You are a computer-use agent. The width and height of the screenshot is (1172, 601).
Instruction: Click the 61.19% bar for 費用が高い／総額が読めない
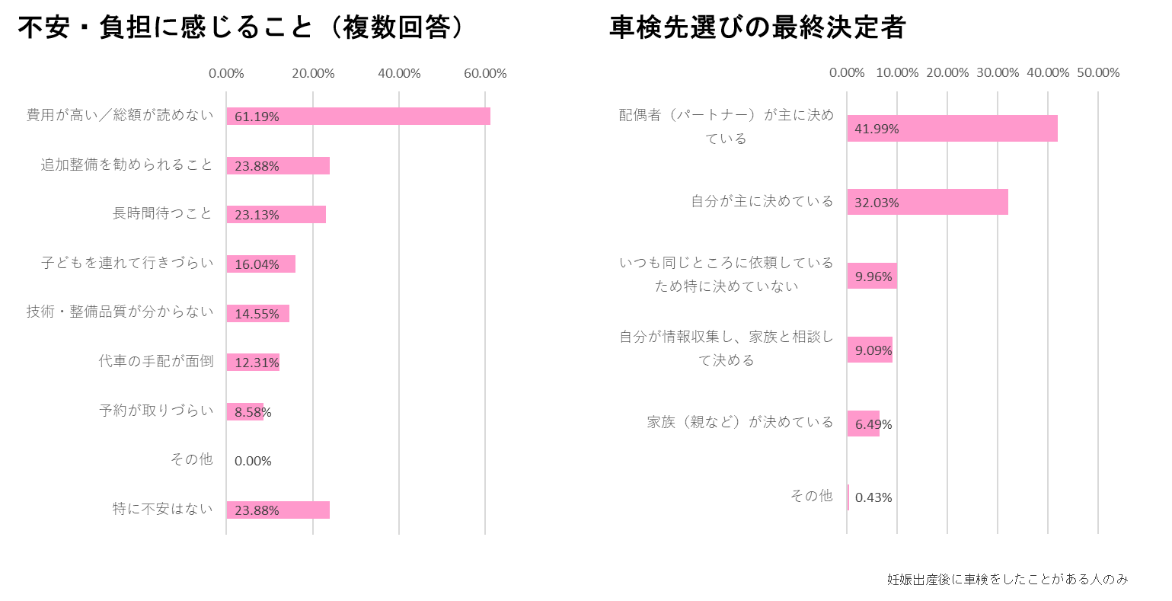point(358,117)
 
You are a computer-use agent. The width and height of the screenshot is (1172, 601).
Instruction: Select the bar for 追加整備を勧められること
point(278,165)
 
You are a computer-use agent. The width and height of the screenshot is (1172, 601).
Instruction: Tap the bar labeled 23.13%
point(276,215)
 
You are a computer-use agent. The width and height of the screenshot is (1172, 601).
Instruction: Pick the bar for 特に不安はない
point(278,510)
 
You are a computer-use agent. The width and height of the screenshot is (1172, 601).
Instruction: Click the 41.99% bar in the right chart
point(952,129)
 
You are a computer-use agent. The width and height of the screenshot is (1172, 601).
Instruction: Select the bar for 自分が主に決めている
point(928,202)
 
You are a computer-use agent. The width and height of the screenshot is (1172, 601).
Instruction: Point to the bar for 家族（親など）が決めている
point(863,424)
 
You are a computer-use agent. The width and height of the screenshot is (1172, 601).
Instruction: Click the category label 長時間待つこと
point(162,213)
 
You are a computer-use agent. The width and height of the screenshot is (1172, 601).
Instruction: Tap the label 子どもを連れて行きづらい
point(127,263)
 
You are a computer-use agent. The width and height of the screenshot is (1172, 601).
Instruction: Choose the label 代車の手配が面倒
point(156,361)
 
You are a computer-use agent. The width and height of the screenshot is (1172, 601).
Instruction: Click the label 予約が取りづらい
point(156,411)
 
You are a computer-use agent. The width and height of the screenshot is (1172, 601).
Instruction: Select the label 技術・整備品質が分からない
point(120,312)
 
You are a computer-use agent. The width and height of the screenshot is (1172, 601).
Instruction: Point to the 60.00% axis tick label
point(485,73)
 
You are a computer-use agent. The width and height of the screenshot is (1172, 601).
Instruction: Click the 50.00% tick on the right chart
point(1097,72)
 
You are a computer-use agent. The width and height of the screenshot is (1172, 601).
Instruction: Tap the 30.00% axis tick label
point(997,72)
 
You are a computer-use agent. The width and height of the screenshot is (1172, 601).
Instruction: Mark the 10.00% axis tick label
point(897,72)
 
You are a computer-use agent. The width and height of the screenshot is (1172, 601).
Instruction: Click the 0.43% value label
point(873,497)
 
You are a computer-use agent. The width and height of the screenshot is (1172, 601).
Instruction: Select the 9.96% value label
point(873,277)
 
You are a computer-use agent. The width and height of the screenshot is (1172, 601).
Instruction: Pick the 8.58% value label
point(253,412)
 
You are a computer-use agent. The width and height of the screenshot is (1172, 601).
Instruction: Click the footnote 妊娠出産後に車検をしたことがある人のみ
point(1007,579)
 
